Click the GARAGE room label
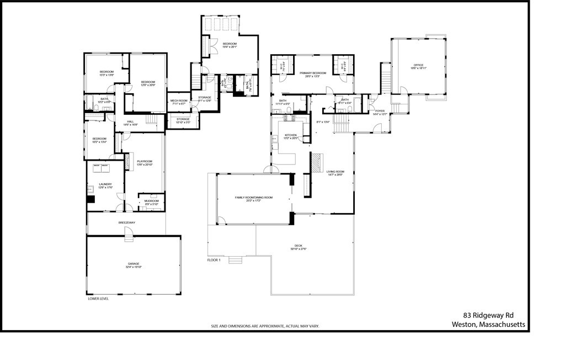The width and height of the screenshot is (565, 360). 134,264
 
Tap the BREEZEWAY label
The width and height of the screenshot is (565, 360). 126,223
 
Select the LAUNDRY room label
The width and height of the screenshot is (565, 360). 105,184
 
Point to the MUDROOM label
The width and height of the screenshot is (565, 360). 151,201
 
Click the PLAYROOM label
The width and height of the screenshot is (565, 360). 144,161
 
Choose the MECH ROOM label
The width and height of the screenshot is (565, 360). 179,100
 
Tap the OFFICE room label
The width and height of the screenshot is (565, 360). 418,65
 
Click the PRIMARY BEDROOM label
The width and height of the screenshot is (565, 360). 313,73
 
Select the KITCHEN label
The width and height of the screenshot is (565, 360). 291,135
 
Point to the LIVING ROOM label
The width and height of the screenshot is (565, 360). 335,172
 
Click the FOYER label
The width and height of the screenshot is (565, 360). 380,111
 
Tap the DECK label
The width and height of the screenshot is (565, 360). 299,246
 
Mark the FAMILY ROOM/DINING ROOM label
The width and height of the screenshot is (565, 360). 254,197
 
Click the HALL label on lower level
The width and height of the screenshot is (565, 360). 130,121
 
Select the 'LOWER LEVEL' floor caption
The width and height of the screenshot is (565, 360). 98,299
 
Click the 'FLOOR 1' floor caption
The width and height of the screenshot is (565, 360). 214,260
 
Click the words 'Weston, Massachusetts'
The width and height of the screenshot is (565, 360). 488,325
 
